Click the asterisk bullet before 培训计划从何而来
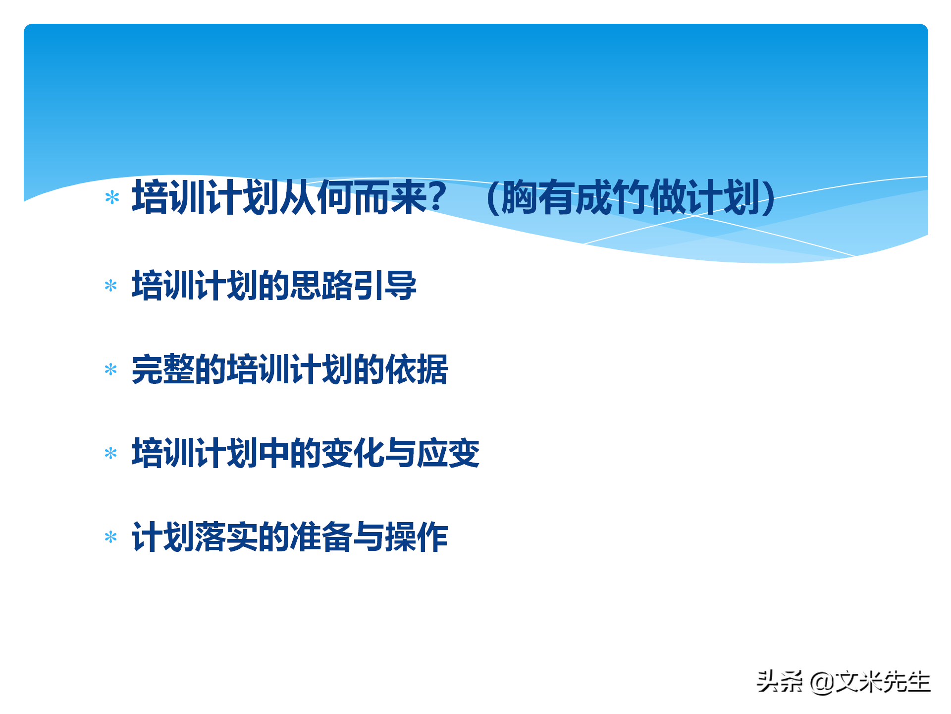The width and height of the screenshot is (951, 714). (112, 198)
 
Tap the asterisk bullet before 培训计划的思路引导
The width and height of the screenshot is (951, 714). (111, 286)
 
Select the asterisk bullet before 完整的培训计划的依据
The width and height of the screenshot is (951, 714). (111, 369)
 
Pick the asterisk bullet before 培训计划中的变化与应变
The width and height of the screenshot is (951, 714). (111, 453)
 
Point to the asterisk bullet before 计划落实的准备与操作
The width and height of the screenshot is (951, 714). (111, 537)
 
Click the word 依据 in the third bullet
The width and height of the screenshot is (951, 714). (417, 369)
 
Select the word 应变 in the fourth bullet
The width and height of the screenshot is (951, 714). (448, 453)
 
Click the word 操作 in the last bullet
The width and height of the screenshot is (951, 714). (417, 537)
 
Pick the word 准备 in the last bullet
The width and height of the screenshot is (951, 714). (321, 537)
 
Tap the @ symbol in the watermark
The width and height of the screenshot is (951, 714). (822, 682)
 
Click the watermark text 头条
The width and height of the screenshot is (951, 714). (780, 682)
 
